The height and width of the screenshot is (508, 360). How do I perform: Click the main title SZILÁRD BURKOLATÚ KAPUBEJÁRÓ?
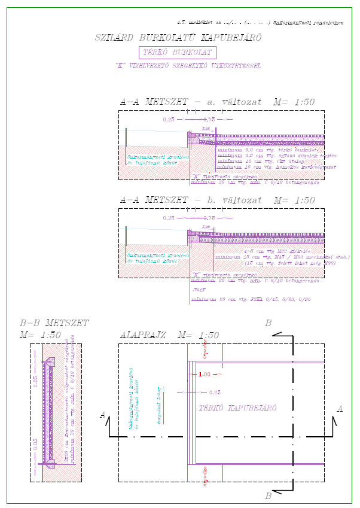(178, 38)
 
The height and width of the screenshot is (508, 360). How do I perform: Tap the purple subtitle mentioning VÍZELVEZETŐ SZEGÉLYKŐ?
(188, 65)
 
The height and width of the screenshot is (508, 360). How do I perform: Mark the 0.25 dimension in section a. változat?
(169, 120)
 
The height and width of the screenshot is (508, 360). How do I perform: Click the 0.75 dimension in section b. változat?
(209, 218)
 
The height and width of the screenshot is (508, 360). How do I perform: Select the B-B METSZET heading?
(54, 323)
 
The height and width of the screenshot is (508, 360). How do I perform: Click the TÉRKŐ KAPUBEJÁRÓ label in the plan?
(237, 407)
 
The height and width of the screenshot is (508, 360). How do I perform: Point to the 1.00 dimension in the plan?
(205, 374)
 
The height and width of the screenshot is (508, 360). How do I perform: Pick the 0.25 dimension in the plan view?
(215, 393)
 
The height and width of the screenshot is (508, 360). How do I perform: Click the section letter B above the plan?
(268, 324)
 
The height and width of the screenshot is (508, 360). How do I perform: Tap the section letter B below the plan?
(268, 496)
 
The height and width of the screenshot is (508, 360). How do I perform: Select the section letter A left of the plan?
(103, 414)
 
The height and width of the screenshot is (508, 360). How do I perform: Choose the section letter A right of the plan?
(340, 409)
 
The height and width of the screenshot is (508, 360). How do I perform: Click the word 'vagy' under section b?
(197, 290)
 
